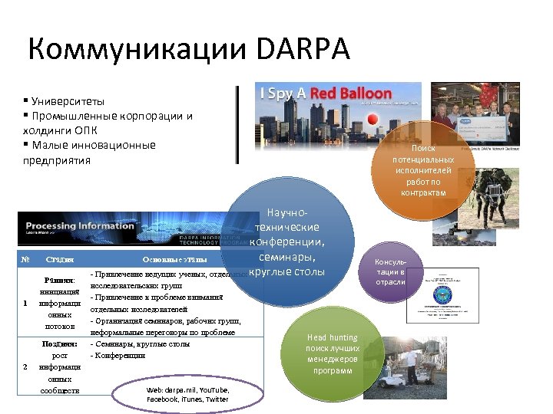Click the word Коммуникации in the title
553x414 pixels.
coord(138,50)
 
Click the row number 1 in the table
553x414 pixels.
coord(25,303)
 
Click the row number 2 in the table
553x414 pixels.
coord(25,366)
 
